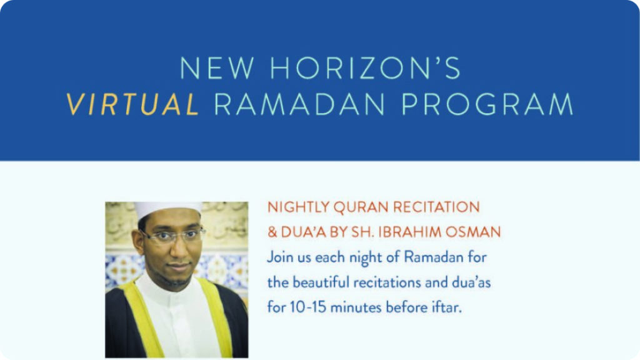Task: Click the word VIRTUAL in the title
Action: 132,104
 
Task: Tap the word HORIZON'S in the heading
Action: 365,67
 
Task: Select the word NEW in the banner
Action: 217,67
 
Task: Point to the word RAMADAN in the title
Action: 299,104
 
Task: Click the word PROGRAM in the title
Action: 487,104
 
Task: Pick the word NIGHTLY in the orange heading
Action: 298,207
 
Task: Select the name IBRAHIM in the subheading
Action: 409,232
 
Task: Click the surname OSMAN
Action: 472,232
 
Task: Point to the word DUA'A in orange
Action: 303,232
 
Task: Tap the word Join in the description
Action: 279,257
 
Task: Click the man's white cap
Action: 167,209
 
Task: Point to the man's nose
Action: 178,250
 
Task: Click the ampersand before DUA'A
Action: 272,232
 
